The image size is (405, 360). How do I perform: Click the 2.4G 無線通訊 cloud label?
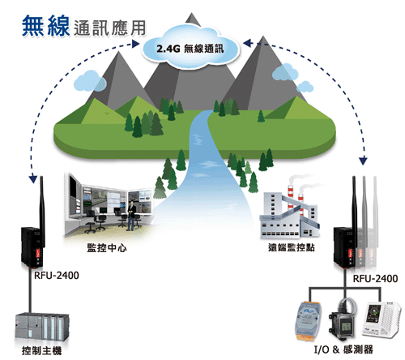(190, 49)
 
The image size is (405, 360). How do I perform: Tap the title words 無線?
(46, 26)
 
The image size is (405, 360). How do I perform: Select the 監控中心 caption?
(107, 248)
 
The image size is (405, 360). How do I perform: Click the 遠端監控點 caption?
(292, 247)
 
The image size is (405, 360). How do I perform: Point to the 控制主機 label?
(41, 350)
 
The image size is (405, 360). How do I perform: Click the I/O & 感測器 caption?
(343, 349)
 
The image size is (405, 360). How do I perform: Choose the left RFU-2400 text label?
(57, 276)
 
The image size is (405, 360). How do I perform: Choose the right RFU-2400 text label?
(375, 278)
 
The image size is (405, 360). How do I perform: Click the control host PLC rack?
(41, 328)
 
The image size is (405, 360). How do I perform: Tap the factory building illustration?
(289, 213)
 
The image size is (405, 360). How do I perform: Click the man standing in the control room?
(131, 216)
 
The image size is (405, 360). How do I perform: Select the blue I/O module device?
(309, 320)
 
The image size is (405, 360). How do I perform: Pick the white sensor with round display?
(382, 320)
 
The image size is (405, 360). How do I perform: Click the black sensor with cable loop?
(343, 319)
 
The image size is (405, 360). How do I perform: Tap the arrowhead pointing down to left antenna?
(33, 179)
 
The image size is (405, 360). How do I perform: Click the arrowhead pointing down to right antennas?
(364, 161)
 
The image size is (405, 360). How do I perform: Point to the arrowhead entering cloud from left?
(135, 44)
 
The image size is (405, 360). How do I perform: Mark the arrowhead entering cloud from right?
(248, 43)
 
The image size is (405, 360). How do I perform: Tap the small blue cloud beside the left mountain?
(90, 80)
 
